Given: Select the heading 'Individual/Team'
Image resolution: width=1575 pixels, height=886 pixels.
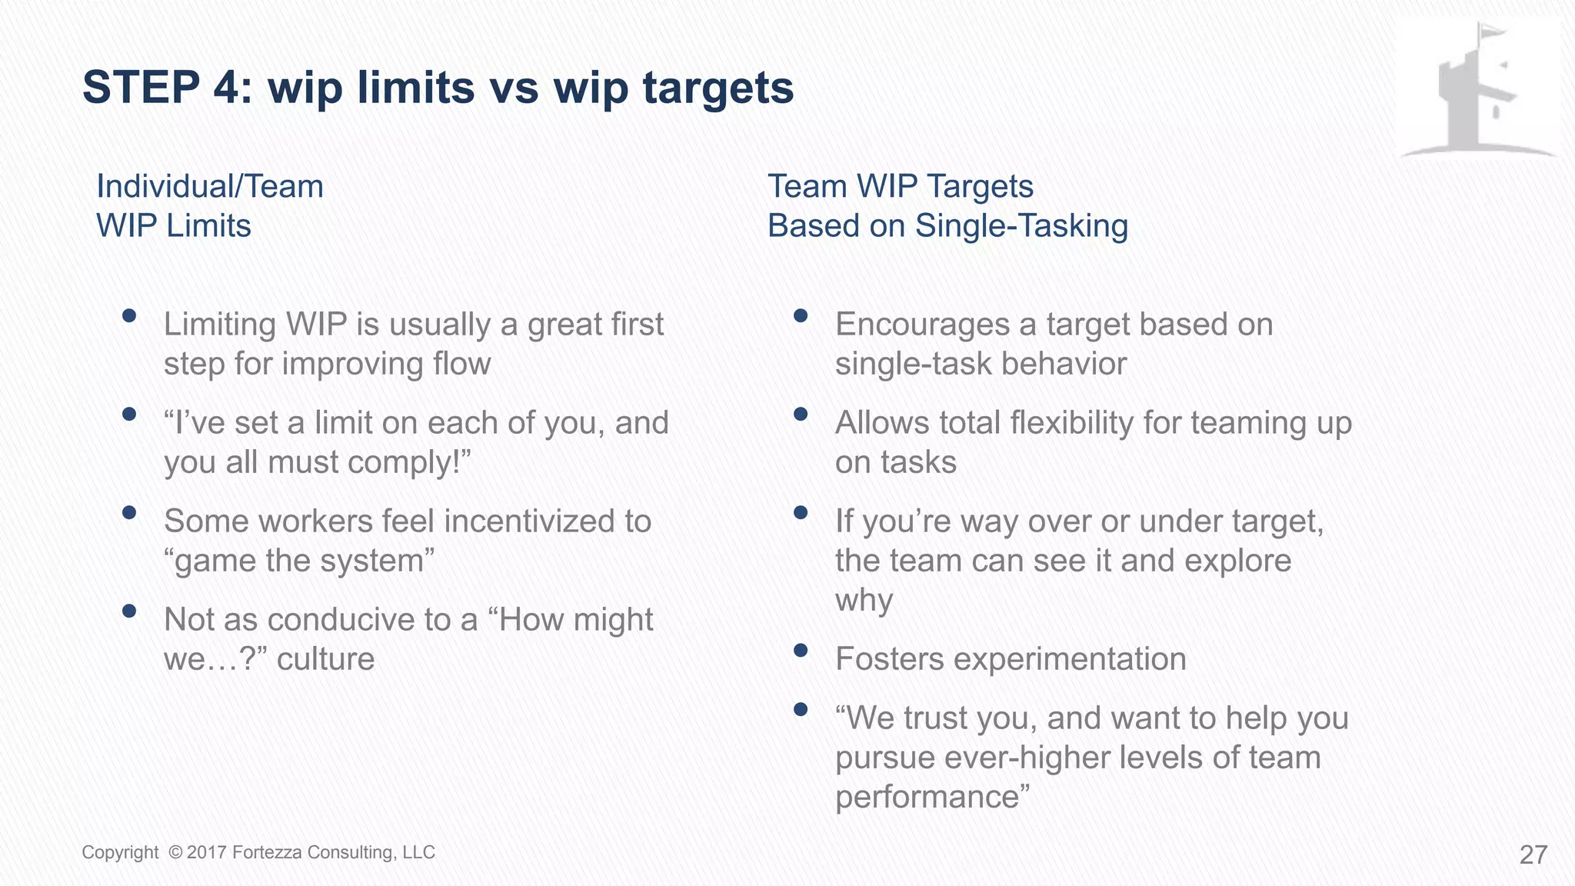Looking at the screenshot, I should pos(209,187).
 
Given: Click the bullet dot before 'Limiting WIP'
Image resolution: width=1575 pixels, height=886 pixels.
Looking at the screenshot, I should pos(129,315).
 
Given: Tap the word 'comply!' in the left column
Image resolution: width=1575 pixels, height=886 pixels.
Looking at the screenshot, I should pos(423,462).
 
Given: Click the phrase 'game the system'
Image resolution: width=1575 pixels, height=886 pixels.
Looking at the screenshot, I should pos(299,561).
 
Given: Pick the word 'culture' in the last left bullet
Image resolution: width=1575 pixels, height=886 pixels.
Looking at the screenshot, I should pos(325,659).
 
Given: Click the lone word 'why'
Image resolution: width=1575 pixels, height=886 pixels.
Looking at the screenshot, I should pos(864,600).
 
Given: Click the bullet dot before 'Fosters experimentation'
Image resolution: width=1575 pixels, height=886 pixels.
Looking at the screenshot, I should pos(801,651).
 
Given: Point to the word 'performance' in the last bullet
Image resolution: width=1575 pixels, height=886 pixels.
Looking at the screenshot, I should pos(926,797).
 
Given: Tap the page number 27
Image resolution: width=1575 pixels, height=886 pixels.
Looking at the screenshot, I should pos(1533,854).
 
